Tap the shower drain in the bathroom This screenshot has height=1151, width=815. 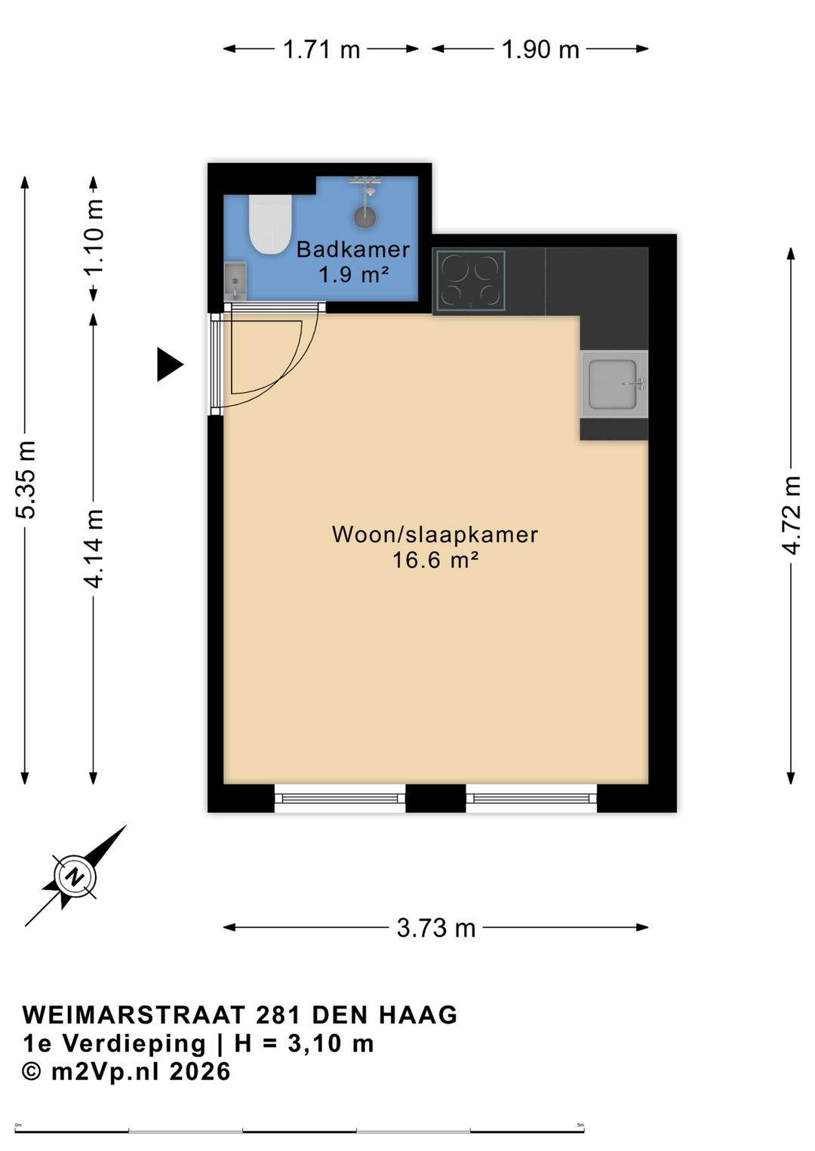(365, 216)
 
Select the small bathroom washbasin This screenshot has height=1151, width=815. (235, 281)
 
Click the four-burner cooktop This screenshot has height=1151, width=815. (470, 281)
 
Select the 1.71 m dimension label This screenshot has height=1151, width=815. (322, 50)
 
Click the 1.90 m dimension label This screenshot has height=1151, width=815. (540, 50)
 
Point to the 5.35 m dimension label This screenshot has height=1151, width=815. (25, 479)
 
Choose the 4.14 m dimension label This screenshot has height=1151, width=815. (94, 548)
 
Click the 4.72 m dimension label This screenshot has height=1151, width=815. (792, 515)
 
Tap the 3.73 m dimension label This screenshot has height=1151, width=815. (436, 928)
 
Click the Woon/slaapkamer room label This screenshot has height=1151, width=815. (435, 534)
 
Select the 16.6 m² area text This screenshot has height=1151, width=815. (435, 560)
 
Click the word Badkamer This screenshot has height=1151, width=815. (353, 250)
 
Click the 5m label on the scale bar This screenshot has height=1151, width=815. (580, 1123)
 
